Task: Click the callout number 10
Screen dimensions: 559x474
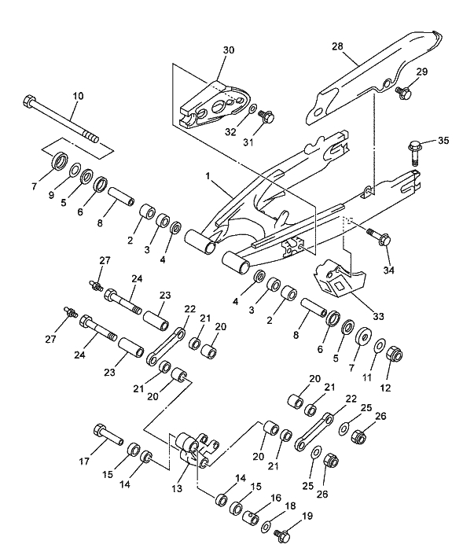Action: pos(77,96)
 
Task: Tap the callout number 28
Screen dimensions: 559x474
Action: pos(337,47)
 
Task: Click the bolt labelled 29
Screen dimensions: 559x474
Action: pos(405,93)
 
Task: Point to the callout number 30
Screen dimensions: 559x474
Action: pos(228,50)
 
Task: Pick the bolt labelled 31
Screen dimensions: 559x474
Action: pos(267,117)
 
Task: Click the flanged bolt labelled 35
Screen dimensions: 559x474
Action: pos(417,146)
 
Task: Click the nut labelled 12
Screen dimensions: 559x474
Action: pos(395,356)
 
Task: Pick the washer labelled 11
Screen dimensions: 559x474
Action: pos(380,346)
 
